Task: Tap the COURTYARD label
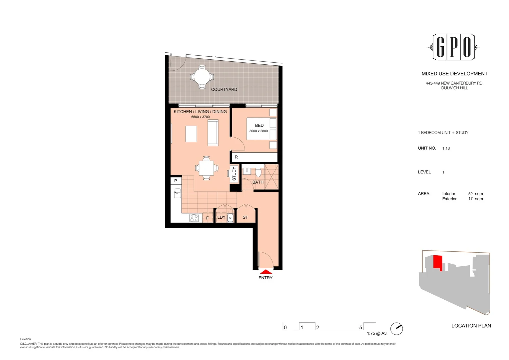224,89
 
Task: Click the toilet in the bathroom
258,172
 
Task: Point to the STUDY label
234,174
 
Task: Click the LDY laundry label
221,217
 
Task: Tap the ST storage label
245,217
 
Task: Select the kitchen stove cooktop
194,218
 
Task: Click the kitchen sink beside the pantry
178,193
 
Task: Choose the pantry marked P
176,181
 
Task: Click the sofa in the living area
213,133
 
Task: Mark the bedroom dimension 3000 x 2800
258,131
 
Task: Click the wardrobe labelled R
236,157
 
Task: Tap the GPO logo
453,47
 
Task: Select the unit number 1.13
446,148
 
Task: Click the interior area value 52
470,194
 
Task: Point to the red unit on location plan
437,262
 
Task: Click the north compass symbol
396,329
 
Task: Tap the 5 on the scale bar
360,327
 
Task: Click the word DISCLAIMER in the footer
29,344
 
